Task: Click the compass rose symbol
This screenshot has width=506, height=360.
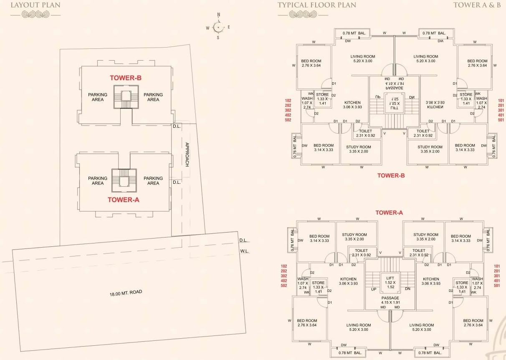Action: point(218,28)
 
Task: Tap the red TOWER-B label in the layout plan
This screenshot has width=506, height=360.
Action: point(126,78)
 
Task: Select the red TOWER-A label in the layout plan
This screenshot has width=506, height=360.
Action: point(124,200)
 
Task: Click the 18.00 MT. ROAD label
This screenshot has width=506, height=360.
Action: point(126,293)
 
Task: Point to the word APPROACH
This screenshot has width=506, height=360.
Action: point(187,155)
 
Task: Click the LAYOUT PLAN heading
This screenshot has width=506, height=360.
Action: point(35,5)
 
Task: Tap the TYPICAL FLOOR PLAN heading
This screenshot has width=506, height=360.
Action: point(317,5)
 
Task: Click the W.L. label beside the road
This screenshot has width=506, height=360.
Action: point(244,251)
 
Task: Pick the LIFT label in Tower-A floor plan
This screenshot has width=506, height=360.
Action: point(390,278)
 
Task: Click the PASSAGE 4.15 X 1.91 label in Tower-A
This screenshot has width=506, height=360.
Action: point(390,300)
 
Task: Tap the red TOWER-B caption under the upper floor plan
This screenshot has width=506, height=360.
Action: point(391,175)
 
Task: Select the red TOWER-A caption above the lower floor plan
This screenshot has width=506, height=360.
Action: point(389,213)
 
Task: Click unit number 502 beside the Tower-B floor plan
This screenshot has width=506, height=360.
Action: point(288,120)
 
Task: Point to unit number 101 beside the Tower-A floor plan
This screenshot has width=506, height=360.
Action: point(497,266)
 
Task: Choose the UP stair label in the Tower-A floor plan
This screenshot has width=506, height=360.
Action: point(374,289)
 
